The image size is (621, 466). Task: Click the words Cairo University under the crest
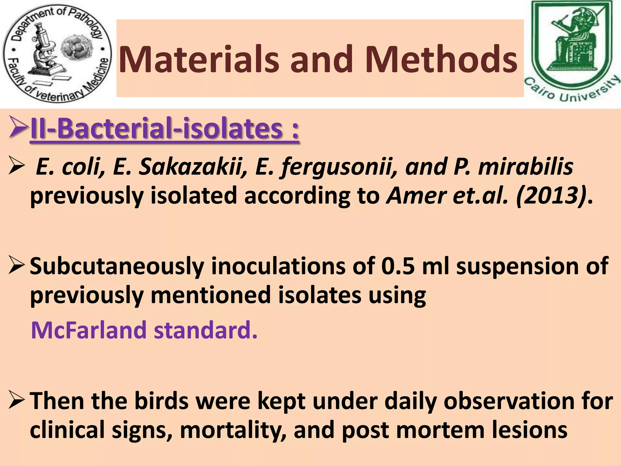572,91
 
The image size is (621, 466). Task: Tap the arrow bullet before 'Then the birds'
16,400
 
